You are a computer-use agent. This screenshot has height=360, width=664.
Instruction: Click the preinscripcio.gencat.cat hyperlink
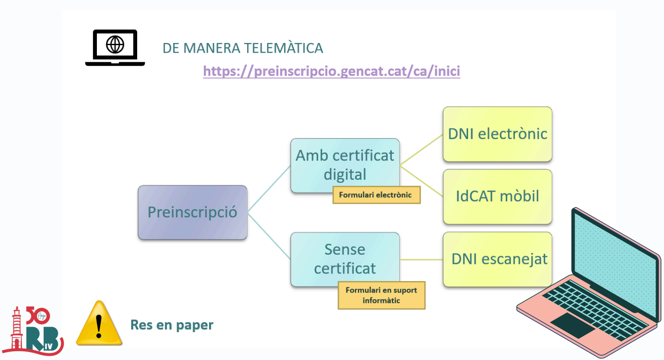click(x=331, y=71)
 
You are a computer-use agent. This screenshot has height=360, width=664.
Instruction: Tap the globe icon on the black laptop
click(x=115, y=44)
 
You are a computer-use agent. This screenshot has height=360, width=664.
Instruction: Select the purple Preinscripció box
click(x=192, y=212)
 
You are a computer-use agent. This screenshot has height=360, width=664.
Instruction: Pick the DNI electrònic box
click(x=497, y=134)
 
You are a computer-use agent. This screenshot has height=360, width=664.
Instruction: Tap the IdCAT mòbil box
click(x=497, y=196)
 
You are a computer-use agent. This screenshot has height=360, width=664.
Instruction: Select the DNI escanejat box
click(x=497, y=259)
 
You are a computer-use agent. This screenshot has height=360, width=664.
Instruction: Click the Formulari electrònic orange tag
click(x=376, y=195)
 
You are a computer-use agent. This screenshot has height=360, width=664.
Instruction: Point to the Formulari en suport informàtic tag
click(x=381, y=295)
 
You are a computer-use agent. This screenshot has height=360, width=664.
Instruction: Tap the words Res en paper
click(x=172, y=325)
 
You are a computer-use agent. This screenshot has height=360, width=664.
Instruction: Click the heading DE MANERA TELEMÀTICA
click(x=243, y=48)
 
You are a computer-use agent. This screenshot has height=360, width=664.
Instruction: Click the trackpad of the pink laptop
click(x=573, y=325)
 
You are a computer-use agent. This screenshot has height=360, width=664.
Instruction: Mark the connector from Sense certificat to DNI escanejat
click(x=421, y=260)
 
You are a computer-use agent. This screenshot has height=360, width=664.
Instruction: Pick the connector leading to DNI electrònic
click(x=421, y=150)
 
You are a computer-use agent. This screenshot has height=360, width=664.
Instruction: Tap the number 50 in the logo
click(x=37, y=315)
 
